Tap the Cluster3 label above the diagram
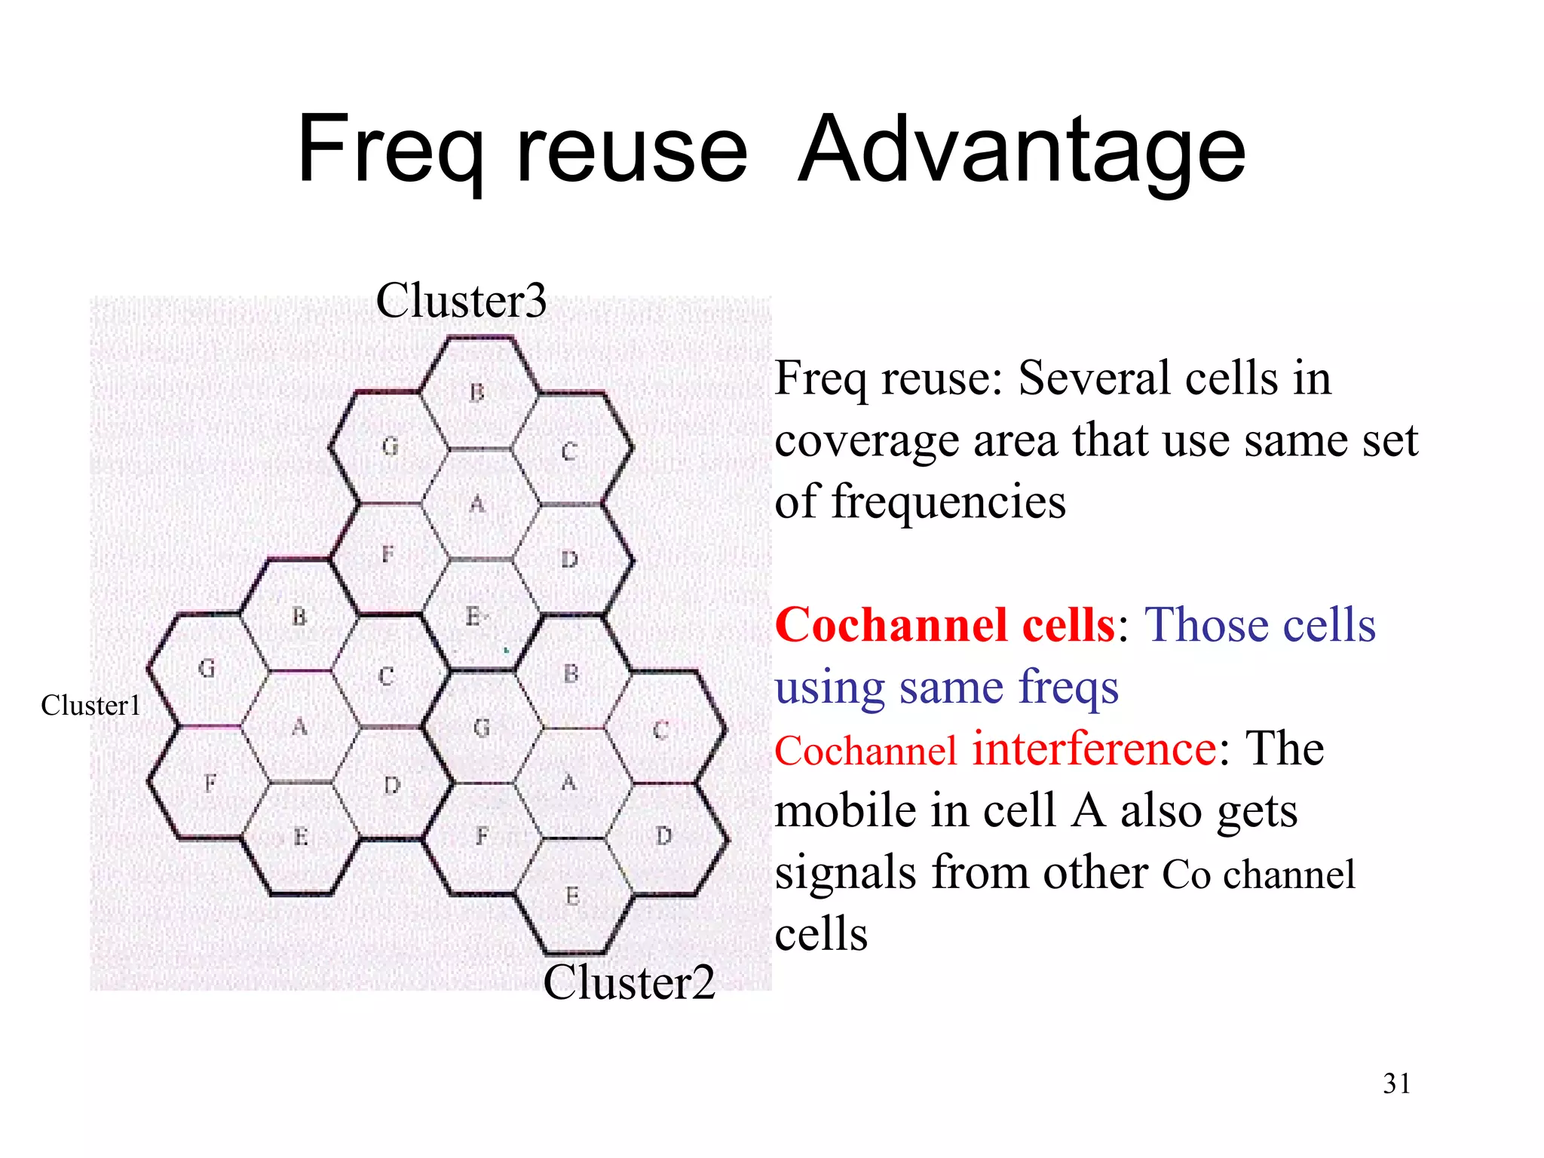(461, 301)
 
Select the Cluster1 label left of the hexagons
(90, 706)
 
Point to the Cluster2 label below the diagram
(629, 982)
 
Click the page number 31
(1396, 1083)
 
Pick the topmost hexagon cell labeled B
(478, 393)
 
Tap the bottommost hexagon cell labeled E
(573, 896)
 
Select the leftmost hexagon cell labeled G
(207, 669)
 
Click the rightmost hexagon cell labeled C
(662, 730)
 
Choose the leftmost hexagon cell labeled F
(210, 783)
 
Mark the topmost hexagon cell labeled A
(478, 504)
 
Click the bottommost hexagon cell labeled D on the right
(663, 836)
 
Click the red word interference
(1094, 749)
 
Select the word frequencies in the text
(948, 502)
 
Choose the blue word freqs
(1068, 688)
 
